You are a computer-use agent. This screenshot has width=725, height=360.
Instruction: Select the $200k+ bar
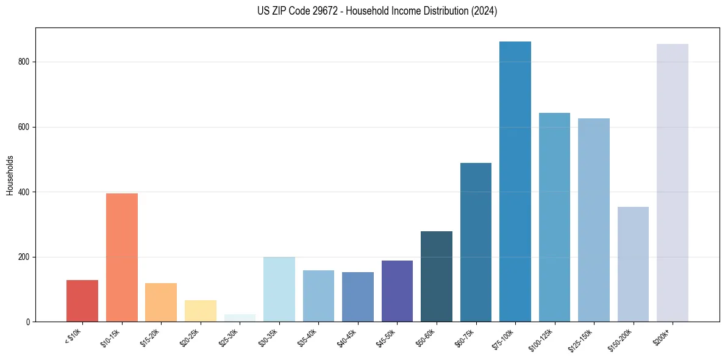(x=673, y=183)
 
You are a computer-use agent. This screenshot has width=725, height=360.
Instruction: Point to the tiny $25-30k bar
(x=240, y=318)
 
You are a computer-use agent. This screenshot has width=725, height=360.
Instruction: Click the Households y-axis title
(x=10, y=175)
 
